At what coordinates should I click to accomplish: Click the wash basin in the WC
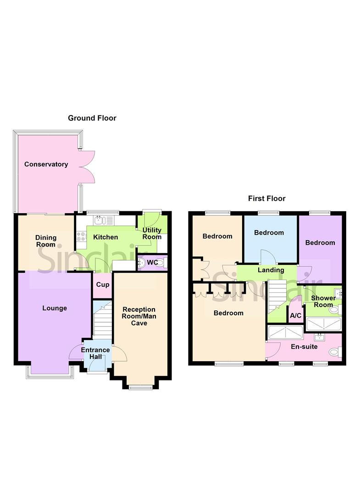click(x=143, y=263)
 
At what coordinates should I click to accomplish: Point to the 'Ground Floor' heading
click(x=92, y=118)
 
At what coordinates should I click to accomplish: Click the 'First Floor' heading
click(x=267, y=198)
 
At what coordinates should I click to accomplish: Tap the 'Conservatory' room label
click(x=46, y=164)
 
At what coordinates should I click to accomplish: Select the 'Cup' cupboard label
click(x=102, y=285)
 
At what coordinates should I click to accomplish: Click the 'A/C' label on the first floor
click(x=295, y=316)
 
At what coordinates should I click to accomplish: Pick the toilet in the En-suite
click(x=338, y=352)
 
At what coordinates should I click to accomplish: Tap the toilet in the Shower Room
click(x=335, y=310)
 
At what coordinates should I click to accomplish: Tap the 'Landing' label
click(x=271, y=270)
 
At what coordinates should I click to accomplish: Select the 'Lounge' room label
click(x=55, y=308)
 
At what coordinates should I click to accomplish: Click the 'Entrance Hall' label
click(x=95, y=353)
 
